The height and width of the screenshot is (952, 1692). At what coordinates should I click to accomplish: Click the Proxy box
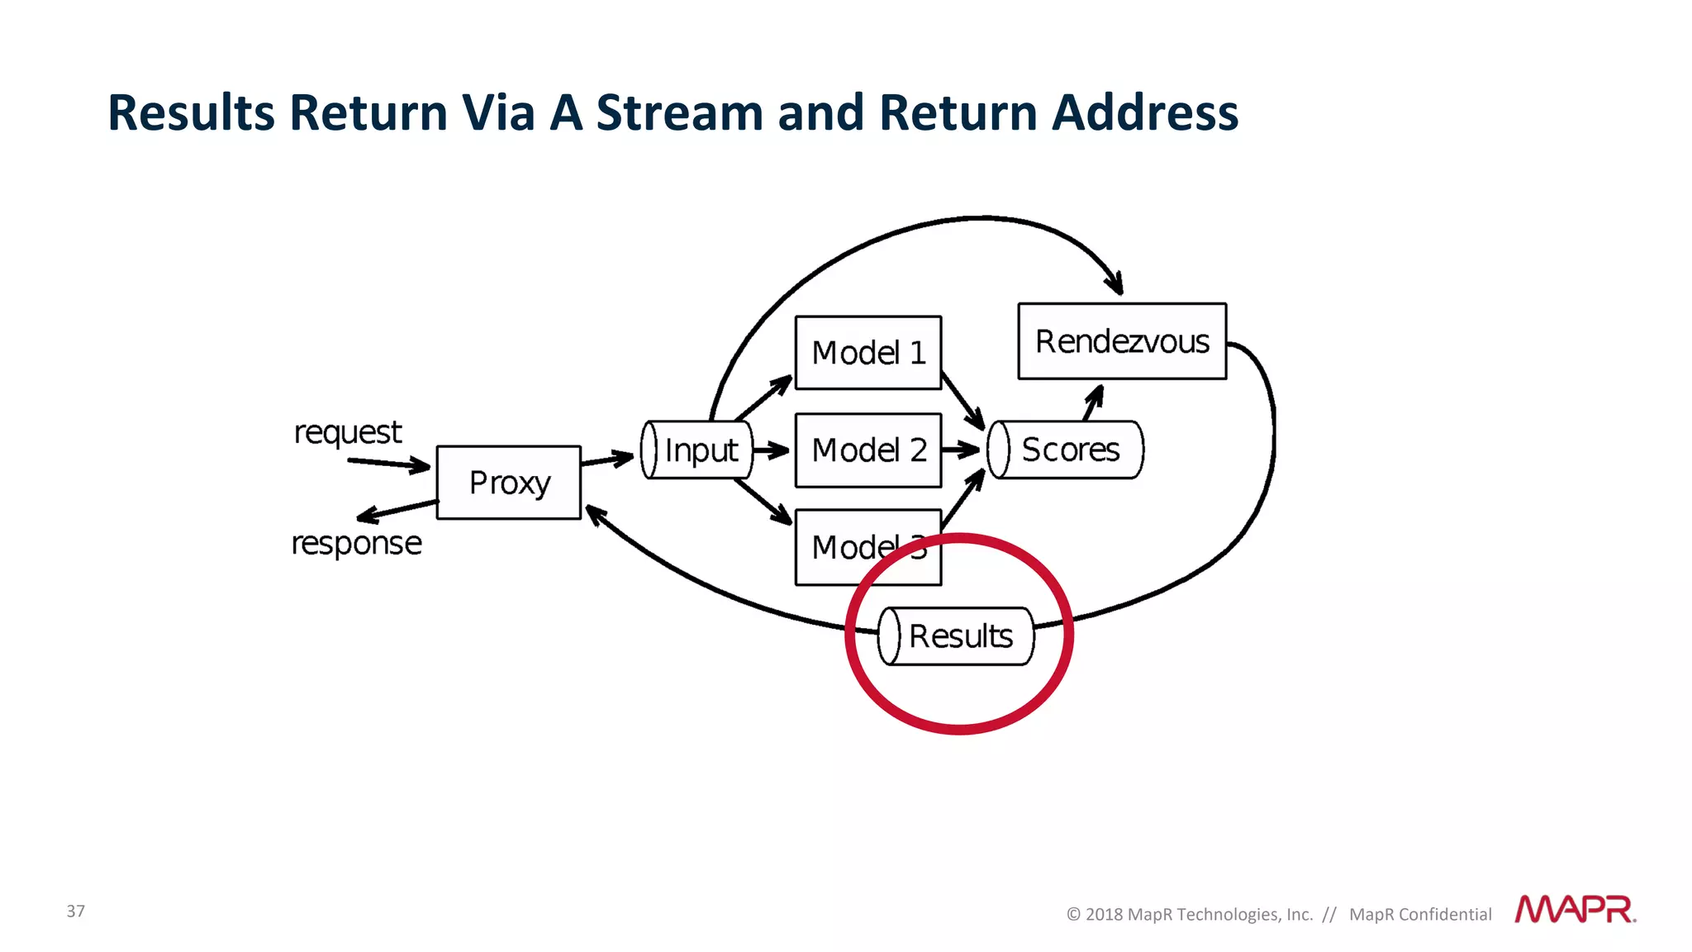click(509, 483)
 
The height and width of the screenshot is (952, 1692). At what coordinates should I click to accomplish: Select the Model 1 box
click(867, 353)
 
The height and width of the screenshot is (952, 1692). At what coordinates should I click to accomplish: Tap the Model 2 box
click(867, 450)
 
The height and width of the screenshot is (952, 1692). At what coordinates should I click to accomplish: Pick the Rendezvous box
click(1122, 341)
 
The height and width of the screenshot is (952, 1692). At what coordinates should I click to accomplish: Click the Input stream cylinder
click(697, 450)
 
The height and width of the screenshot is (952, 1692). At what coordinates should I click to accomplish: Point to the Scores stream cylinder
click(1066, 450)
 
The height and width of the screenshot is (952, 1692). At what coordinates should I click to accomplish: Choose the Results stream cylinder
click(956, 636)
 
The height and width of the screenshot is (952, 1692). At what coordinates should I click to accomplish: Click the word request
click(348, 432)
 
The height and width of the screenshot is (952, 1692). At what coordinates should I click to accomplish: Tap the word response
click(356, 544)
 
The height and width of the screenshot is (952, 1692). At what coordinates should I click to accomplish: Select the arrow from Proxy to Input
click(608, 459)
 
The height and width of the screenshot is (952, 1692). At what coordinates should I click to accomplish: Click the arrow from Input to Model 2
click(771, 450)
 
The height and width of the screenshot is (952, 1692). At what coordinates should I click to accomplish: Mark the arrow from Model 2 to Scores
click(960, 450)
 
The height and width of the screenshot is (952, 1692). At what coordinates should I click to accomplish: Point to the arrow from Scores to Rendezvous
click(1093, 402)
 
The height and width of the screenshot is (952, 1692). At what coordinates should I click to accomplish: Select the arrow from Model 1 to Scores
click(963, 402)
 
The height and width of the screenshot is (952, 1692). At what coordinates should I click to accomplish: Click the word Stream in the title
click(679, 112)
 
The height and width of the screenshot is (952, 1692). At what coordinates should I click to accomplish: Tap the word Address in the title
click(1145, 112)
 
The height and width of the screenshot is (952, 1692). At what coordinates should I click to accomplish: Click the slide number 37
click(76, 911)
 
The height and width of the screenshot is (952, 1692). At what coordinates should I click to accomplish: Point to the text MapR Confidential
click(1420, 914)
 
